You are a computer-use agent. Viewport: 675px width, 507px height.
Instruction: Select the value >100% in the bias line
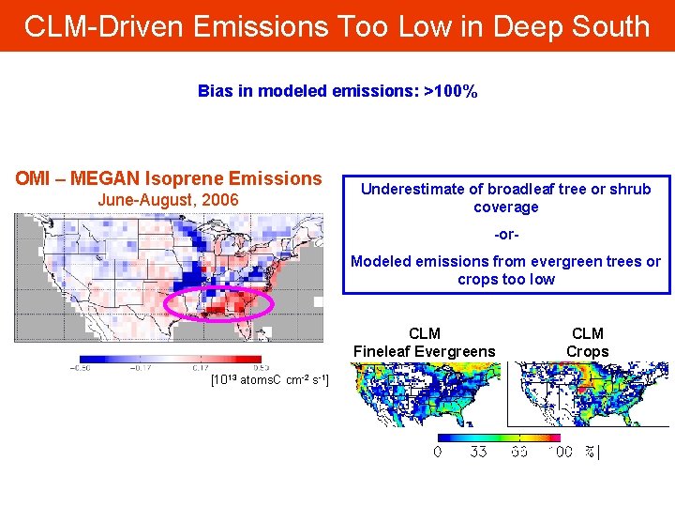tap(451, 91)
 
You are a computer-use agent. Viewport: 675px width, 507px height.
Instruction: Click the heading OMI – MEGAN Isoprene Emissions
tap(168, 178)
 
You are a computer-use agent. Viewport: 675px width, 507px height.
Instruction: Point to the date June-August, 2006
tap(168, 200)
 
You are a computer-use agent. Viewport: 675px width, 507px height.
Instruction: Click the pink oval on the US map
tap(217, 305)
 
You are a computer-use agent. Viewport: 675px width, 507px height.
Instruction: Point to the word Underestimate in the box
tap(405, 189)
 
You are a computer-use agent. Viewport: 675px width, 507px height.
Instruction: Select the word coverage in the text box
tap(505, 207)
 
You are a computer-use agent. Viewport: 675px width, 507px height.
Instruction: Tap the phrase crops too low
tap(506, 279)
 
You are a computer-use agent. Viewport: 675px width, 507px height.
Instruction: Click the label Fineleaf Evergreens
tap(424, 351)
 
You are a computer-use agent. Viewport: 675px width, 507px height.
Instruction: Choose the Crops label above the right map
tap(587, 351)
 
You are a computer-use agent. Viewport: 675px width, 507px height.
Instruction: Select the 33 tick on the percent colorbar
tap(478, 452)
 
